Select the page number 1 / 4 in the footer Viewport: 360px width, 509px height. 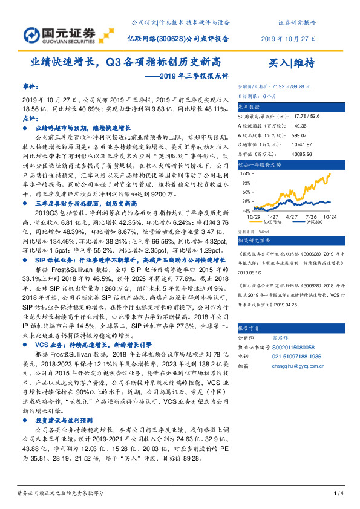pyautogui.click(x=339, y=494)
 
